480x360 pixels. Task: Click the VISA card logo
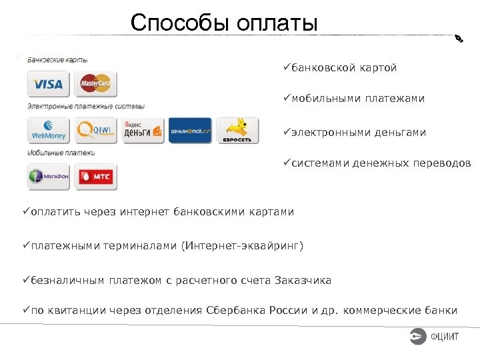(x=48, y=85)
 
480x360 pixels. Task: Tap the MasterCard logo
(x=95, y=84)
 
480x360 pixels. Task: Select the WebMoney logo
(x=48, y=130)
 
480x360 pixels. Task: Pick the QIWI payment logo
(x=96, y=130)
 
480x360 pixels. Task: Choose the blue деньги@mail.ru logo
(x=190, y=130)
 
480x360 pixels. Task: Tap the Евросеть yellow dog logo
(x=237, y=130)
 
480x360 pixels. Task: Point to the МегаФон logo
(x=48, y=177)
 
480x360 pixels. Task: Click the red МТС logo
(x=95, y=177)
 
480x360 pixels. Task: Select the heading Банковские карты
(x=57, y=60)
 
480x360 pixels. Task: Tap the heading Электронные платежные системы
(x=85, y=106)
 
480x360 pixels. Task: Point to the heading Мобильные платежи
(x=61, y=153)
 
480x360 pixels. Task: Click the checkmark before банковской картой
(x=287, y=68)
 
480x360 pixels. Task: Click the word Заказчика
(x=303, y=280)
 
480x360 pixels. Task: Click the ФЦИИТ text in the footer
(x=445, y=337)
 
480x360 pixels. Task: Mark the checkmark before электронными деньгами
(x=287, y=132)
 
